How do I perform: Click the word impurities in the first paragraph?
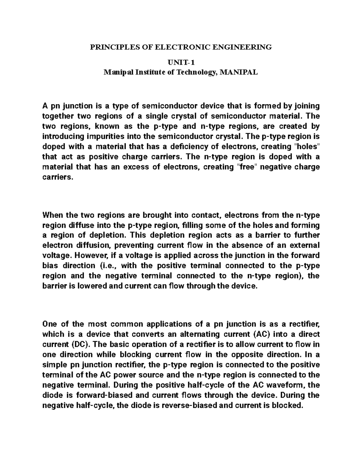coord(105,136)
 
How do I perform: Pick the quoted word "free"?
coord(245,167)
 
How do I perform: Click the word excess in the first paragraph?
coord(135,167)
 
